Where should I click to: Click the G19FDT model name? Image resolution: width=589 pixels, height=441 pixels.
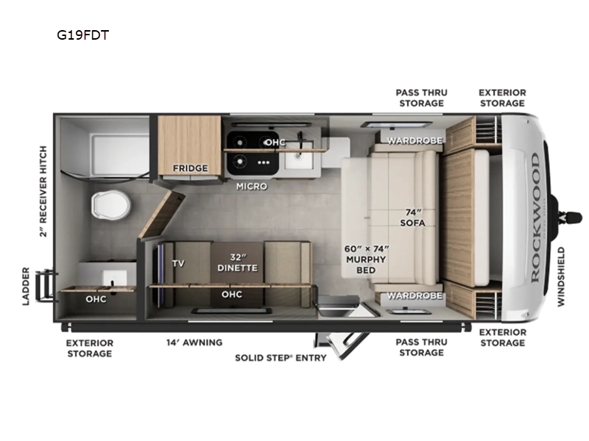click(x=82, y=35)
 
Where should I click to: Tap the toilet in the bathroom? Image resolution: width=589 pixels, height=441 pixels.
click(x=110, y=205)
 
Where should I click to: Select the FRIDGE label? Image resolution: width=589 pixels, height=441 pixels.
click(x=190, y=168)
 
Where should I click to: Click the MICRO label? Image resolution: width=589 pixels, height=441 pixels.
click(x=252, y=186)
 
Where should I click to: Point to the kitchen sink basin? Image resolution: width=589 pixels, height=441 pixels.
click(x=299, y=155)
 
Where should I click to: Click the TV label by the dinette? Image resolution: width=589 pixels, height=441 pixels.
click(x=178, y=263)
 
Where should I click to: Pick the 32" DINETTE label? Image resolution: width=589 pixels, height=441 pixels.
click(x=237, y=262)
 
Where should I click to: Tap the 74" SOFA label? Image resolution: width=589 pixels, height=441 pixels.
click(x=412, y=218)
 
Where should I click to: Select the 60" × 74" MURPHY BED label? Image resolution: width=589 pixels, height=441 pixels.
click(x=366, y=259)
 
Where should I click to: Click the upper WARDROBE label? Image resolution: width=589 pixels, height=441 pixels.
click(x=415, y=140)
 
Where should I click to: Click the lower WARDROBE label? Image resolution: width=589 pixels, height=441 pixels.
click(x=415, y=295)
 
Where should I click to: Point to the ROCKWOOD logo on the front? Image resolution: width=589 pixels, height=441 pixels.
click(x=535, y=218)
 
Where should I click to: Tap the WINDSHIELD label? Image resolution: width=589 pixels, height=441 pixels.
click(x=561, y=277)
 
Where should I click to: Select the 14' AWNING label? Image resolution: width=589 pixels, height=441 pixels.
click(x=194, y=342)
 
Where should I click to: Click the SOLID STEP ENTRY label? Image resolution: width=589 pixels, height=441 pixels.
click(x=281, y=358)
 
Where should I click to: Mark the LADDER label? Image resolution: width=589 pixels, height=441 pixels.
click(x=26, y=286)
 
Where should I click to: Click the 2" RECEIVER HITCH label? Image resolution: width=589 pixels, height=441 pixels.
click(x=43, y=191)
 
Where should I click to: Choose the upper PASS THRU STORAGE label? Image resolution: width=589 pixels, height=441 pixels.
click(x=421, y=98)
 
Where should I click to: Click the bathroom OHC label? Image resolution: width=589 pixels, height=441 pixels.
click(x=96, y=299)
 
